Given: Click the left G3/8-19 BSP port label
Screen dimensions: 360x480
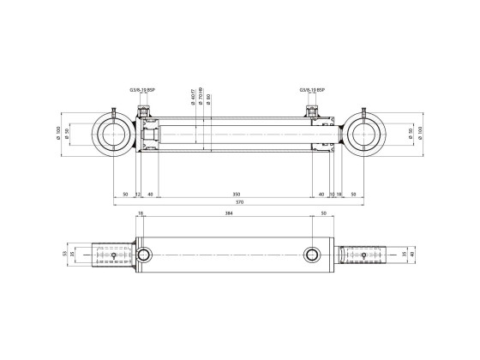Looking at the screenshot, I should coord(142,89).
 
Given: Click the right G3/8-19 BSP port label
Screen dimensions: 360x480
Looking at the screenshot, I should coord(313,89).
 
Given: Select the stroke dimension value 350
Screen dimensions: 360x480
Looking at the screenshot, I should coord(237,194).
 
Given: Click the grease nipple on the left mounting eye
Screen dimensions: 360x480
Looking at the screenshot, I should coord(112,110).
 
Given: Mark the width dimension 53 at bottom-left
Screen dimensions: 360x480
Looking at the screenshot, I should coord(65,255).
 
